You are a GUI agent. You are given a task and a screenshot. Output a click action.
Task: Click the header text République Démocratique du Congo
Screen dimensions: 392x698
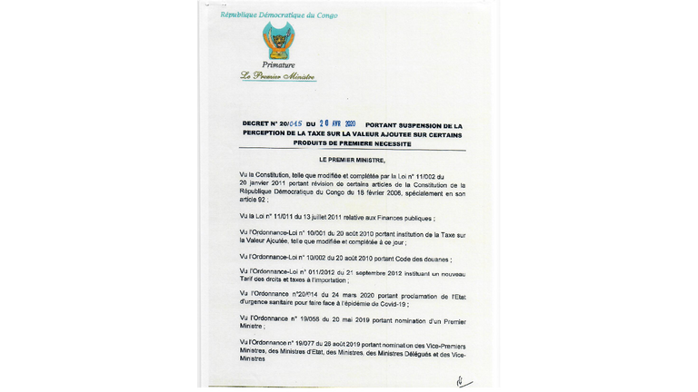point(279,15)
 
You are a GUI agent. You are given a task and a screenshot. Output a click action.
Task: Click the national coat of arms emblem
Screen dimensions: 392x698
point(278,41)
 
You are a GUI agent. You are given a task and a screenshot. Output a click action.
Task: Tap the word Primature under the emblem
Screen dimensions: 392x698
point(278,65)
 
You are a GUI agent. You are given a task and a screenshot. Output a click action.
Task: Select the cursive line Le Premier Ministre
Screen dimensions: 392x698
point(278,77)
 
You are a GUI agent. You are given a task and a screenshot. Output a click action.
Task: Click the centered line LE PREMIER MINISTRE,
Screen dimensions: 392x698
point(353,160)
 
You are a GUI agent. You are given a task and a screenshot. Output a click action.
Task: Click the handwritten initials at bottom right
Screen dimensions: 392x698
point(464,381)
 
